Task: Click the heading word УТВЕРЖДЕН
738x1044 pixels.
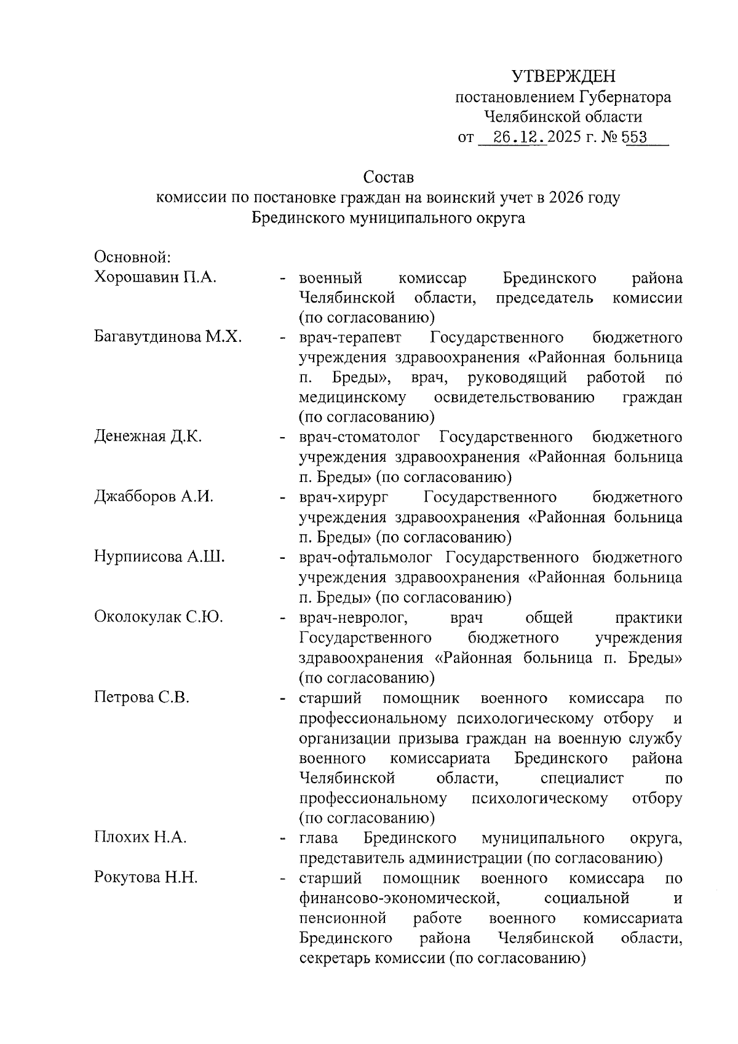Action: pyautogui.click(x=564, y=76)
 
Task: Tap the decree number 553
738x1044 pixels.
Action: pyautogui.click(x=634, y=136)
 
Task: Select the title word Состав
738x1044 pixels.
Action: pyautogui.click(x=389, y=178)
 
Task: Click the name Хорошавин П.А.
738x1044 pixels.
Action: pyautogui.click(x=156, y=277)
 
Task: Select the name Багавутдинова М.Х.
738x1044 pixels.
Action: pyautogui.click(x=168, y=337)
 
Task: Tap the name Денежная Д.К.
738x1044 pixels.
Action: pyautogui.click(x=148, y=437)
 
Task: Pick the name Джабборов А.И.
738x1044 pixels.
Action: pyautogui.click(x=154, y=497)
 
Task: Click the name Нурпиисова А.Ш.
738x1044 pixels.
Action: pyautogui.click(x=159, y=557)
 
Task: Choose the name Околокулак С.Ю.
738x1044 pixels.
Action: pyautogui.click(x=158, y=617)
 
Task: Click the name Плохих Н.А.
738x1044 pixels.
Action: pyautogui.click(x=140, y=837)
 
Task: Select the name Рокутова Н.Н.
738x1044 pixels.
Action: pyautogui.click(x=146, y=877)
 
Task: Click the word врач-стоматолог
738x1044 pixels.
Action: pyautogui.click(x=360, y=437)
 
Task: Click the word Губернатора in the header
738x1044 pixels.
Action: pyautogui.click(x=624, y=97)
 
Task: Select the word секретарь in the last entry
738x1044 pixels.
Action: pyautogui.click(x=335, y=958)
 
